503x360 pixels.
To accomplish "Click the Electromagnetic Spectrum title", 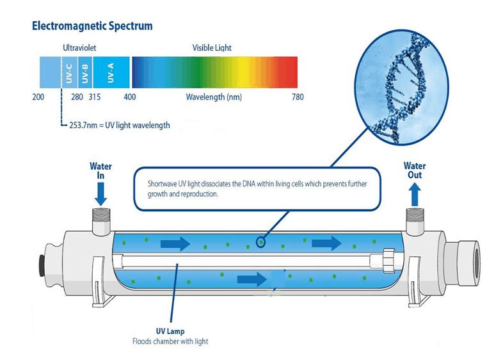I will [x=91, y=27].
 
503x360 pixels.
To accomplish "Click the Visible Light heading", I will [x=212, y=48].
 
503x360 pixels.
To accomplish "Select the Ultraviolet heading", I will [x=79, y=48].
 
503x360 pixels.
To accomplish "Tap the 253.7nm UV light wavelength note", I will [x=119, y=125].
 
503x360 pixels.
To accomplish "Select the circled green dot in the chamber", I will [x=260, y=242].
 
